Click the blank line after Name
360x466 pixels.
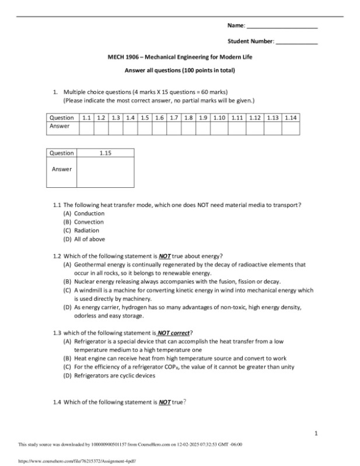point(282,27)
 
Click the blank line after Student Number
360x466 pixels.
point(296,42)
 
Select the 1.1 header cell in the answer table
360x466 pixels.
point(86,118)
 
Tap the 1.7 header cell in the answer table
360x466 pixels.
point(174,118)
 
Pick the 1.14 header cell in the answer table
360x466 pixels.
point(291,118)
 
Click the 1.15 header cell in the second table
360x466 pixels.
point(106,153)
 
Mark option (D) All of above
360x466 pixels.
point(89,239)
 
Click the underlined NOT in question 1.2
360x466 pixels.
point(164,256)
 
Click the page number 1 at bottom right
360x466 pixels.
point(316,433)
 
